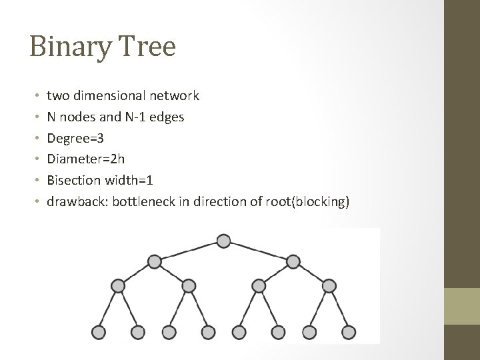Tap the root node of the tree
tap(224, 241)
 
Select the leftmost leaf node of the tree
tap(98, 331)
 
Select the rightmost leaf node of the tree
tap(349, 331)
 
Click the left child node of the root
tap(154, 261)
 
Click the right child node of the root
tap(293, 261)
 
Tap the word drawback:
tap(73, 202)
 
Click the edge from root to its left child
tap(189, 251)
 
